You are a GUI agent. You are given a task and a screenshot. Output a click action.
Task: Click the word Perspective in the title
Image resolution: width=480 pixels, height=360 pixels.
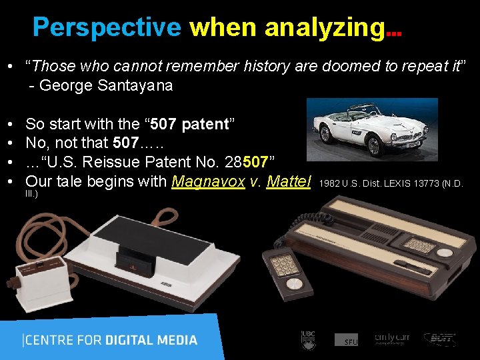click(x=107, y=27)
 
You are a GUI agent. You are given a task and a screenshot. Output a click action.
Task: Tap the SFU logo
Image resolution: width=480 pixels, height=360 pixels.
click(x=347, y=340)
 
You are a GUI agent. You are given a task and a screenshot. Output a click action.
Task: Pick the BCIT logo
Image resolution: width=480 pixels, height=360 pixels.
click(x=440, y=339)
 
